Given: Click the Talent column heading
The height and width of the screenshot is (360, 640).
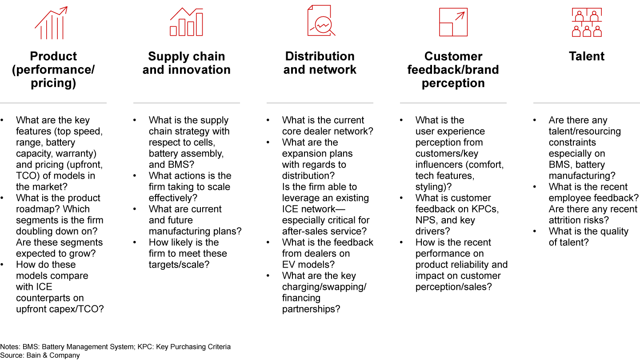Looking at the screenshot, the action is click(587, 56).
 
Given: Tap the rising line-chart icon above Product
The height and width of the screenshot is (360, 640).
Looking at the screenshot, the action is click(52, 23).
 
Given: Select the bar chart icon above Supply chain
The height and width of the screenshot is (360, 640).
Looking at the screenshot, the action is click(187, 22).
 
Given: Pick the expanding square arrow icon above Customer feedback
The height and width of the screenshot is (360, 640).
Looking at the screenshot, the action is click(453, 22).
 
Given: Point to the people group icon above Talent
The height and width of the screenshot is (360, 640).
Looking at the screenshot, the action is click(587, 22).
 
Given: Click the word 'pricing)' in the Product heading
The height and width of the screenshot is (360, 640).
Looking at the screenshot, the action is click(53, 83).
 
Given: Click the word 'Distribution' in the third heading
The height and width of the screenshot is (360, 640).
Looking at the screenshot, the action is click(320, 56).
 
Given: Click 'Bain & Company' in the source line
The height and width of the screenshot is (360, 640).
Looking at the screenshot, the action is click(53, 355).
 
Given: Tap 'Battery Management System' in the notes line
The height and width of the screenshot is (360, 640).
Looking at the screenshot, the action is click(88, 347).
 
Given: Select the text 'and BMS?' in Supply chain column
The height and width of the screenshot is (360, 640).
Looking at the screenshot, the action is click(172, 164).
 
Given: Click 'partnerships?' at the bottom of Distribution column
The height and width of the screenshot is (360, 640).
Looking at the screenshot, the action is click(311, 309).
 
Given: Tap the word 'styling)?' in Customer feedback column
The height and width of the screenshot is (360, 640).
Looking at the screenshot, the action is click(433, 187).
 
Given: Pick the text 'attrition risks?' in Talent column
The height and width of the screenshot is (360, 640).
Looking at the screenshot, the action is click(579, 220).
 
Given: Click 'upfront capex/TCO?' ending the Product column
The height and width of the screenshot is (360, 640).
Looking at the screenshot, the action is click(60, 309).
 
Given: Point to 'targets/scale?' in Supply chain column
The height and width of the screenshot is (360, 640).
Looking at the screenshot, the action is click(179, 264).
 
